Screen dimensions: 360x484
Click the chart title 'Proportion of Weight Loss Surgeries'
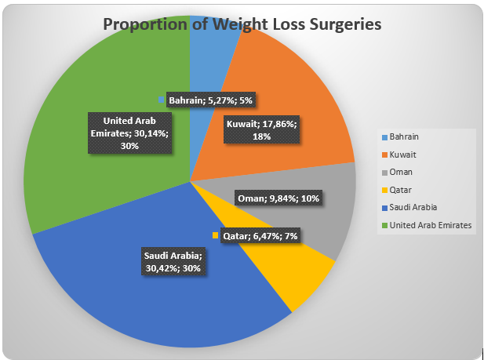pos(242,24)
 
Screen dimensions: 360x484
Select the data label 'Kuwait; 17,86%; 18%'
pos(260,130)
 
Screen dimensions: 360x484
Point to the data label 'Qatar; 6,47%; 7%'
pos(261,235)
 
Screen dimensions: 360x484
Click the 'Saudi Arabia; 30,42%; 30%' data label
pos(173,262)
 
